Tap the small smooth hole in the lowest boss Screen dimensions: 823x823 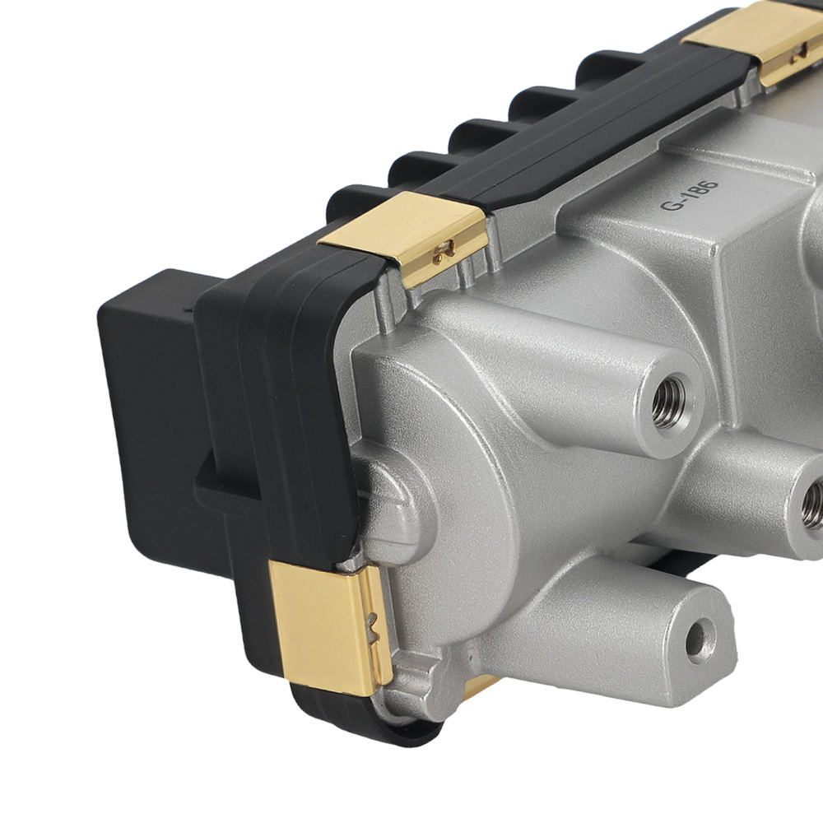click(700, 638)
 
